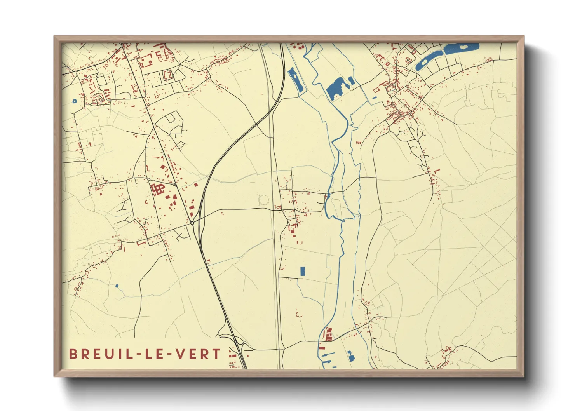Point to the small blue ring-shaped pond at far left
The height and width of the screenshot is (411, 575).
click(x=75, y=101)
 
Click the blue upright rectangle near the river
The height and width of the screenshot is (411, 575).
click(x=303, y=271)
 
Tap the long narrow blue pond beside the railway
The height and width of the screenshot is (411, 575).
click(x=296, y=81)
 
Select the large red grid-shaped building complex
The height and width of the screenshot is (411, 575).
click(x=158, y=189)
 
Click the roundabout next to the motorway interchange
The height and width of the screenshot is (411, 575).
click(x=192, y=223)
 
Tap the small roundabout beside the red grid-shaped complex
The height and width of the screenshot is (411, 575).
click(x=148, y=179)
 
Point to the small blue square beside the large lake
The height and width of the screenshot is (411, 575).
click(x=352, y=81)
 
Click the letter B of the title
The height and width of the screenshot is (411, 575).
click(x=73, y=354)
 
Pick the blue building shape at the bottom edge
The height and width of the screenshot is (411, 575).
click(x=351, y=356)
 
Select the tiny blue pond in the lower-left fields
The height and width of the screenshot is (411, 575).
click(x=117, y=286)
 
